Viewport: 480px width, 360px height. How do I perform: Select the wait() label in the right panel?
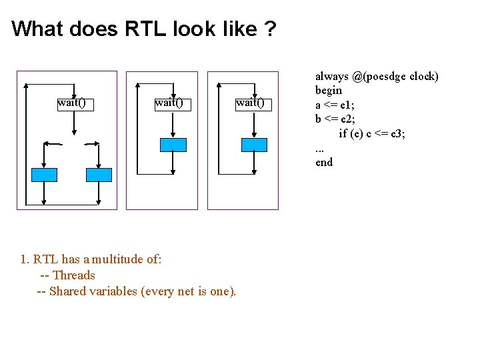pos(250,103)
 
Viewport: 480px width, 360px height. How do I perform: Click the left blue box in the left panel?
pos(45,175)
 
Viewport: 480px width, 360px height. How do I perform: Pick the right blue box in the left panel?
pos(99,175)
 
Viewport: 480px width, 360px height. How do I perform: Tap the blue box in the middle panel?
pos(173,145)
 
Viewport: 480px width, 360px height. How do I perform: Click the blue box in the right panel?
pos(254,145)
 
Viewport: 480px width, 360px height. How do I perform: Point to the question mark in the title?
pos(269,29)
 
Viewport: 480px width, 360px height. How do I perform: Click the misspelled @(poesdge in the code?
pos(379,76)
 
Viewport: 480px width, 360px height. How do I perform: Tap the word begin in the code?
pos(329,90)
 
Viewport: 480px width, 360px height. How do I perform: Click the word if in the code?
pos(343,133)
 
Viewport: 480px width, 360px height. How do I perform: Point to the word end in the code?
pos(324,162)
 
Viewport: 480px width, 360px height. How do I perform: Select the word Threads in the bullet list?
pos(74,275)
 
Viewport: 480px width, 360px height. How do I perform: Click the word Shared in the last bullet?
pos(67,291)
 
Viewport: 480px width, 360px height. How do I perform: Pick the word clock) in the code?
pos(424,76)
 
